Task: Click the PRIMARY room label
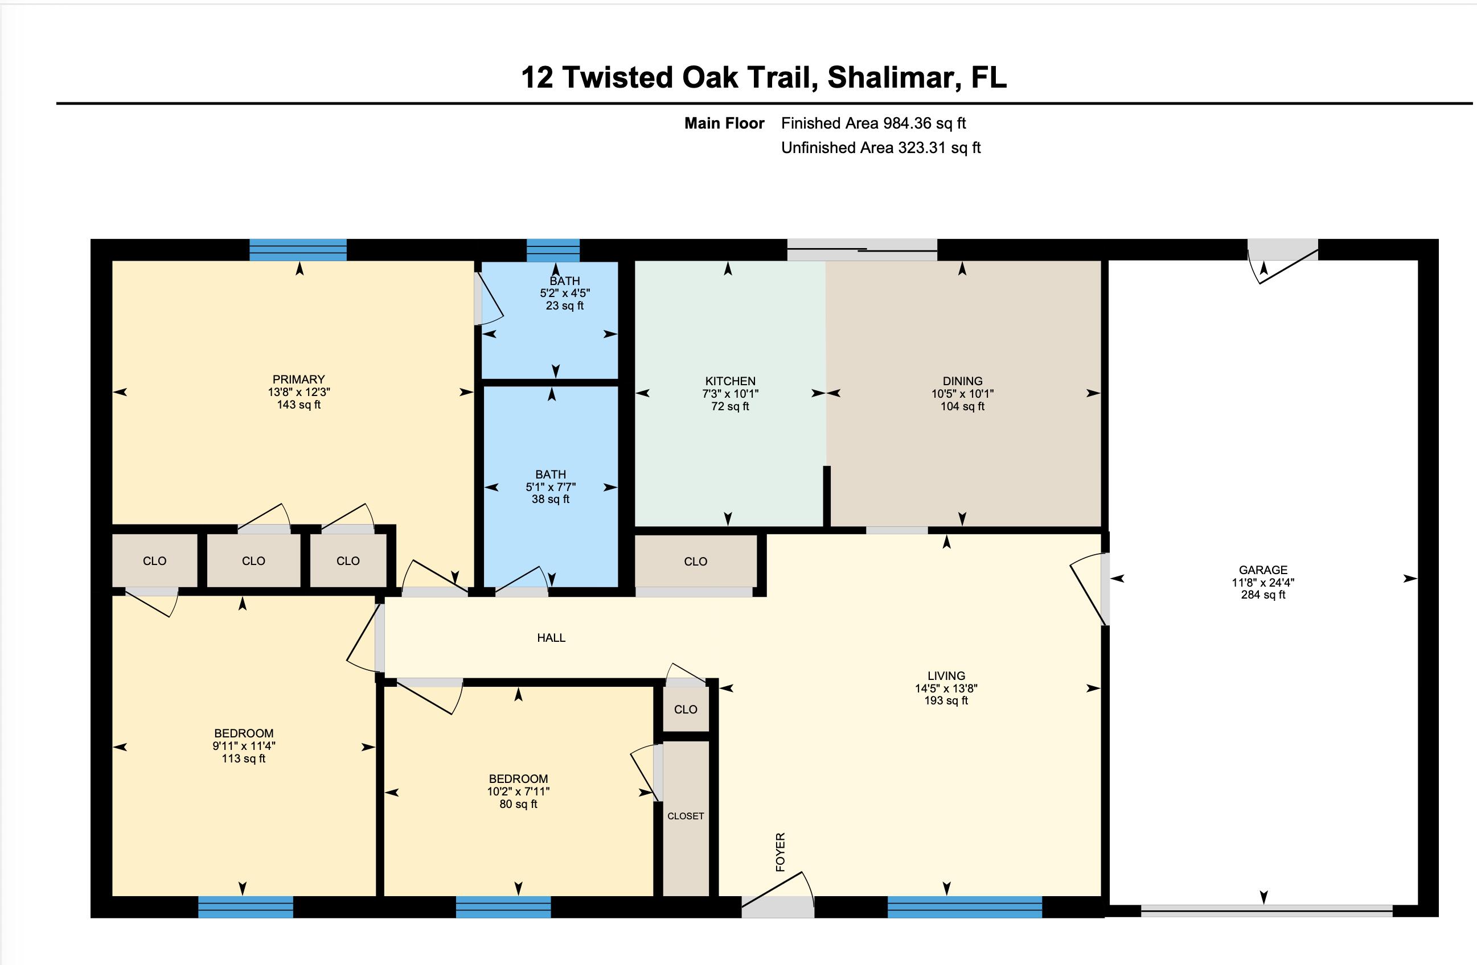pyautogui.click(x=298, y=380)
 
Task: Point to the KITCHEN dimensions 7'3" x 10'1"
pyautogui.click(x=731, y=394)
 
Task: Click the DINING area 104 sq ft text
pyautogui.click(x=962, y=407)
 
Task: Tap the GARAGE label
pyautogui.click(x=1263, y=570)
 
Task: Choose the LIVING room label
pyautogui.click(x=946, y=676)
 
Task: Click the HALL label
pyautogui.click(x=551, y=637)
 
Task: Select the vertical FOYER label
pyautogui.click(x=781, y=852)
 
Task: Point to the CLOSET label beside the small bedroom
pyautogui.click(x=686, y=816)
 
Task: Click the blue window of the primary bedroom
pyautogui.click(x=298, y=250)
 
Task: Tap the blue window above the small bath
pyautogui.click(x=553, y=250)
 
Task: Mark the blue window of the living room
pyautogui.click(x=965, y=907)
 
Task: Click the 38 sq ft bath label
pyautogui.click(x=551, y=499)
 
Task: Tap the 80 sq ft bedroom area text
pyautogui.click(x=518, y=805)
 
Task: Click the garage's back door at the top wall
pyautogui.click(x=1283, y=261)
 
